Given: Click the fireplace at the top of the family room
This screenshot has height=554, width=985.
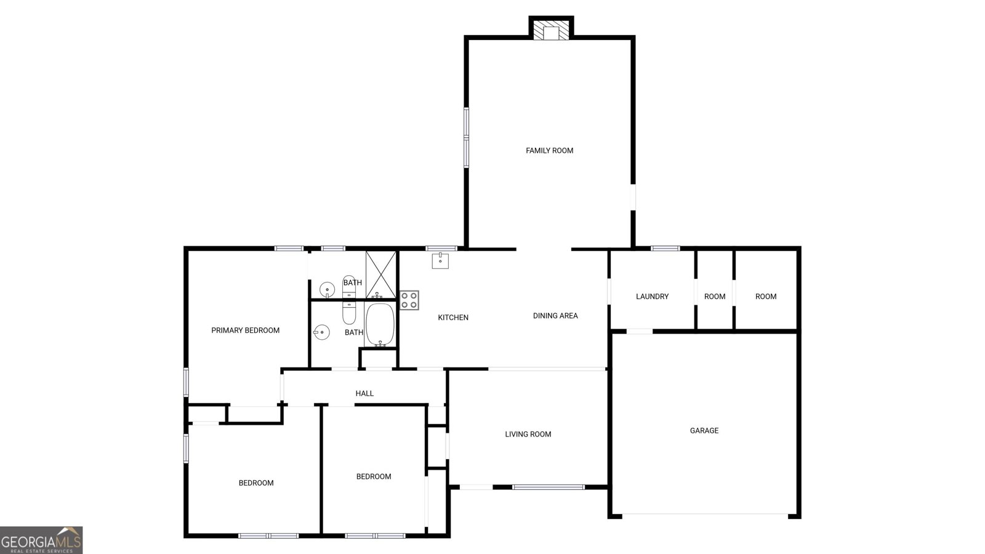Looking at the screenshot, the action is (x=551, y=30).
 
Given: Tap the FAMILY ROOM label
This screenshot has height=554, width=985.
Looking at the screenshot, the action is (x=549, y=150).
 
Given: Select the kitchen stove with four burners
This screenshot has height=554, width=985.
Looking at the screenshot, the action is (x=409, y=300).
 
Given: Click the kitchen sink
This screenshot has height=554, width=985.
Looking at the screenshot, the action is (x=440, y=261).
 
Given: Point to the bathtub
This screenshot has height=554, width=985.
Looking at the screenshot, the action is (x=380, y=324).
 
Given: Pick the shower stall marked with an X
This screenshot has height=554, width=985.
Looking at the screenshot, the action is (x=381, y=275).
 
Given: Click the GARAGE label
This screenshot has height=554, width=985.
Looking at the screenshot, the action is (x=704, y=430).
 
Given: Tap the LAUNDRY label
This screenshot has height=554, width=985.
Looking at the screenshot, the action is (x=652, y=296).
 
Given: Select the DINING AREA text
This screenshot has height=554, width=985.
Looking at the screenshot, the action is (x=555, y=316).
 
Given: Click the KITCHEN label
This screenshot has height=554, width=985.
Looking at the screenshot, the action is (x=453, y=318).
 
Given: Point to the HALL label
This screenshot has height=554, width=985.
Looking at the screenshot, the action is (x=364, y=393).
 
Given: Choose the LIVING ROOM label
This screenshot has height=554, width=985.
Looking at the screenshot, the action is (x=528, y=435).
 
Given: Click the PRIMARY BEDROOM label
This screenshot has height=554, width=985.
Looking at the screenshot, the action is (x=246, y=330).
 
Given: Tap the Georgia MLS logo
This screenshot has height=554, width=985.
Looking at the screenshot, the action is (x=41, y=540).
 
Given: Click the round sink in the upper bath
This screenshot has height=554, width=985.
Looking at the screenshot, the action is (x=327, y=290).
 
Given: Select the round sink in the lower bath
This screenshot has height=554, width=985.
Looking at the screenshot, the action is (x=321, y=332).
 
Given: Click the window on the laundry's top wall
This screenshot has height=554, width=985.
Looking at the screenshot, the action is (x=665, y=249).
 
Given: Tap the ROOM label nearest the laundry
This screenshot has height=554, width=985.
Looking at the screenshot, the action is (x=715, y=296).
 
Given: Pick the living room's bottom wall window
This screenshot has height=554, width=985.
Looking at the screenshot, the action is (x=549, y=487).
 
